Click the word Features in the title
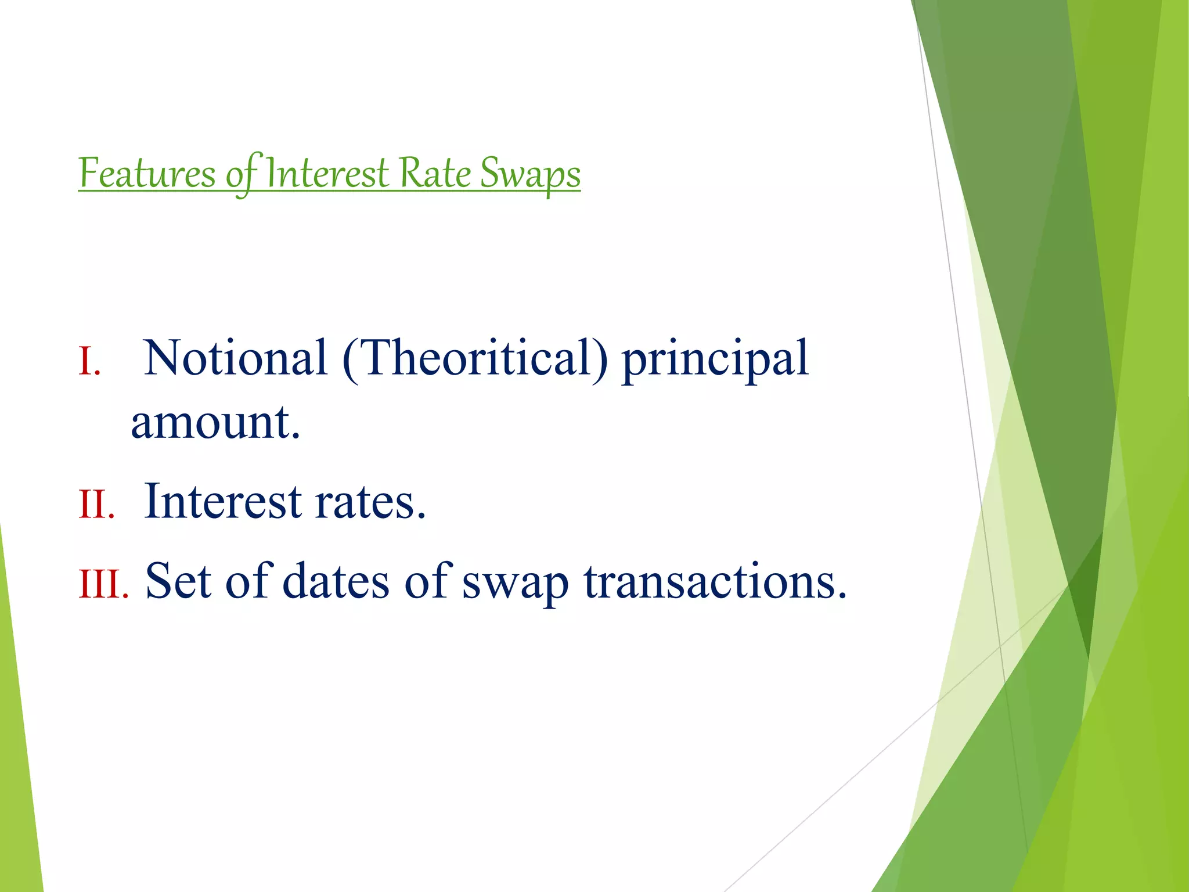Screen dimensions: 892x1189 (147, 173)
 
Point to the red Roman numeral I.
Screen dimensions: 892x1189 (89, 362)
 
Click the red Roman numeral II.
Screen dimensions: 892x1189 (96, 504)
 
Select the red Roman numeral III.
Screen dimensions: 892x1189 (103, 584)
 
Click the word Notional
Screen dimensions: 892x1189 (235, 358)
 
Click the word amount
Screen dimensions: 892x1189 (215, 422)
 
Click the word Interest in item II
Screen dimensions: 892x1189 (223, 501)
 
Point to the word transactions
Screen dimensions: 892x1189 (715, 581)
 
